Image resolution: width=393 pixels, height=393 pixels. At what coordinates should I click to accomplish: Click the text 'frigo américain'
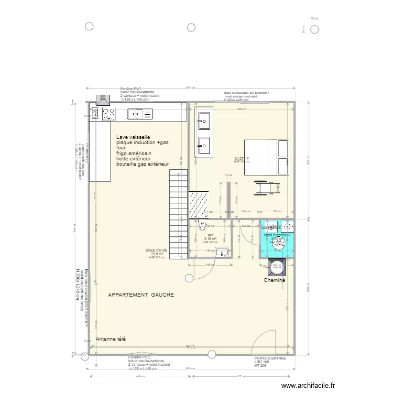point(134,154)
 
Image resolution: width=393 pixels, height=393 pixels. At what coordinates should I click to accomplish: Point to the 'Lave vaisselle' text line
point(133,137)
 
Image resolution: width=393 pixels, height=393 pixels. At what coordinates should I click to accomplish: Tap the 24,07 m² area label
point(242,159)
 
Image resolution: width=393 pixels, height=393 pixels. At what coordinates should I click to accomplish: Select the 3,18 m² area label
point(210,239)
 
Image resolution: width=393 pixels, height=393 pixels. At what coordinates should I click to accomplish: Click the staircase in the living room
point(178,207)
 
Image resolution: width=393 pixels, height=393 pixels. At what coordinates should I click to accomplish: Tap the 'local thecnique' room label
point(277,235)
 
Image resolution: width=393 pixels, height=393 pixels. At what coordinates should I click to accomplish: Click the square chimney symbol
point(276,266)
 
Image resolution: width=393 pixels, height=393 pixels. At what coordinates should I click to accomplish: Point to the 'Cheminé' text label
point(275,280)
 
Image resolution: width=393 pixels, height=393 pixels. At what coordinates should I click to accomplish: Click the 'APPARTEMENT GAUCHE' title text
point(140,295)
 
